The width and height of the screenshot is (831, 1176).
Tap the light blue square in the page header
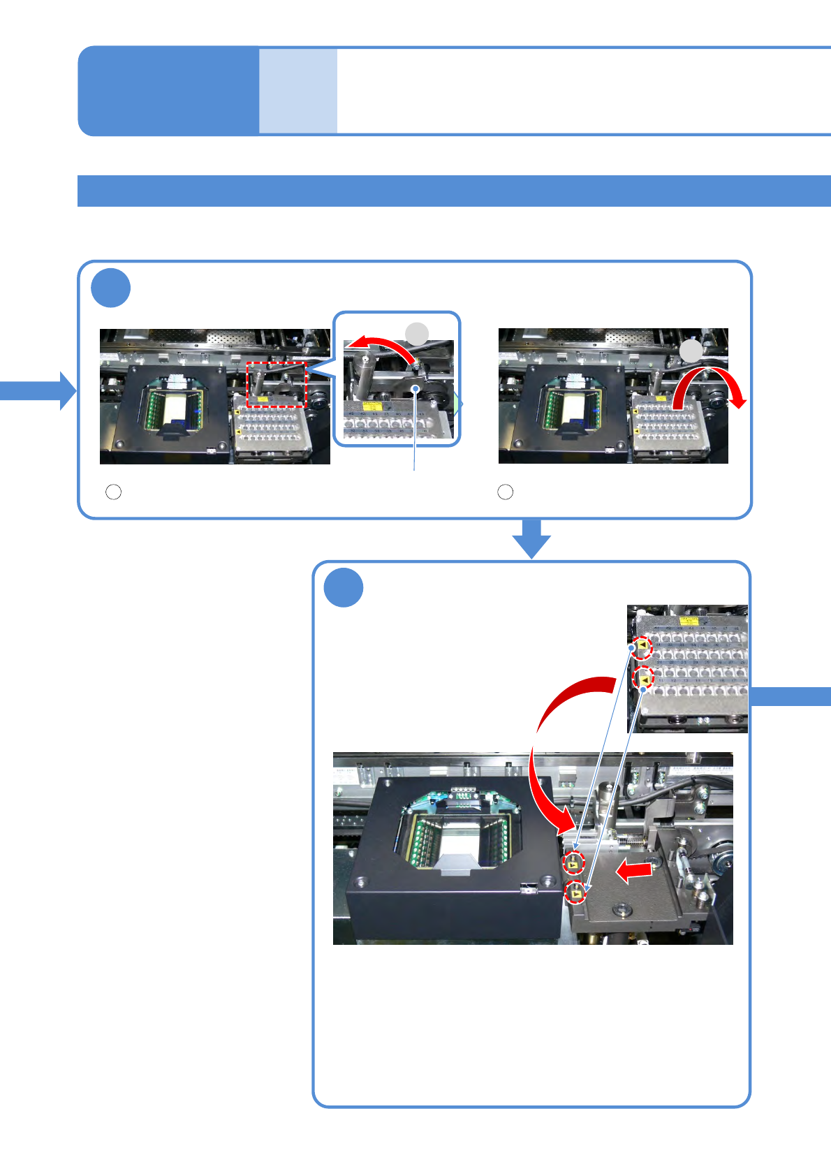click(x=298, y=91)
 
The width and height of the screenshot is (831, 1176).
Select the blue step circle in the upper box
click(x=111, y=288)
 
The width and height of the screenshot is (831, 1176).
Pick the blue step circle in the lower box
click(x=344, y=588)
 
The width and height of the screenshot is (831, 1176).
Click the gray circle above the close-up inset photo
click(x=418, y=333)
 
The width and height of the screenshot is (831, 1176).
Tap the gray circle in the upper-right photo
click(x=691, y=351)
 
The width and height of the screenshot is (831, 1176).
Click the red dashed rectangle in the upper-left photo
click(x=277, y=385)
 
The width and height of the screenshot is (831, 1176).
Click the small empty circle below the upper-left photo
click(x=113, y=492)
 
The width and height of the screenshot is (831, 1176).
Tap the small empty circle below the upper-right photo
click(x=505, y=492)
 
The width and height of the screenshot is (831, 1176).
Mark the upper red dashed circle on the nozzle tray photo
click(x=642, y=647)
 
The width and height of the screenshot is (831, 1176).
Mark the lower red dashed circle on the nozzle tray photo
click(x=642, y=677)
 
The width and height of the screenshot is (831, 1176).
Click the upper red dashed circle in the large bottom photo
click(x=573, y=864)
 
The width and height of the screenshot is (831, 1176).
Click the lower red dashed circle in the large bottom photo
click(x=575, y=892)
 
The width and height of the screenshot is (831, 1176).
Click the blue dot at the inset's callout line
click(x=415, y=388)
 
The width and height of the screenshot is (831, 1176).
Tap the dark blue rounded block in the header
click(x=168, y=91)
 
